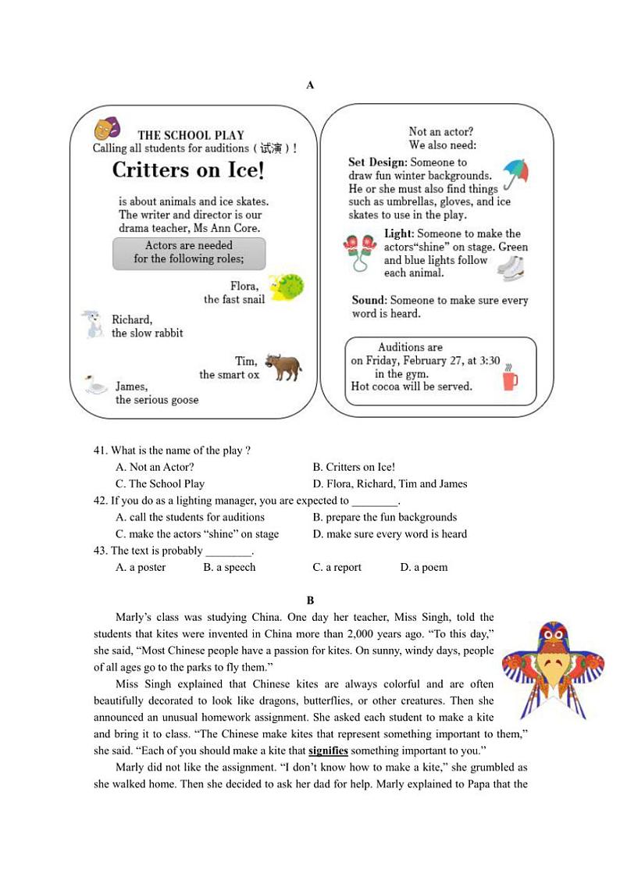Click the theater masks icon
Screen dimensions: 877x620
click(107, 128)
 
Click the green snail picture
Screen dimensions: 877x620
click(286, 287)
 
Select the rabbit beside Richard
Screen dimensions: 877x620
click(94, 324)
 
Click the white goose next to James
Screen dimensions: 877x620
click(96, 385)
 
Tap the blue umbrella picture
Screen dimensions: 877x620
click(515, 173)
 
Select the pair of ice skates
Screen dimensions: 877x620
click(511, 268)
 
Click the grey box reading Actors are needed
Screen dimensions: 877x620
click(189, 252)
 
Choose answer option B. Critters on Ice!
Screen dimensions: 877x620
click(354, 467)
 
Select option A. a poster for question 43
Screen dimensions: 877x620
click(141, 567)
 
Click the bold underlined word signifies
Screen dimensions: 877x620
click(328, 750)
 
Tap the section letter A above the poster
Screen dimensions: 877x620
click(310, 85)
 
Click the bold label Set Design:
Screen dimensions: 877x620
click(377, 162)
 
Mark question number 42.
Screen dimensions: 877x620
click(100, 501)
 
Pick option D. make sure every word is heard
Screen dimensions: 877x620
click(390, 534)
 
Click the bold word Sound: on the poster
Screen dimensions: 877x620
click(369, 300)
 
